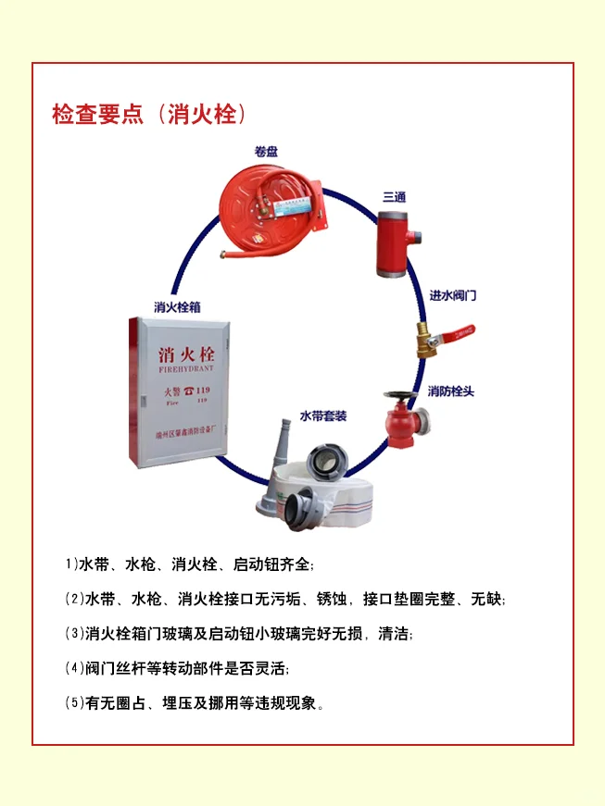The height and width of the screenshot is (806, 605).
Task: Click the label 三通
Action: (395, 197)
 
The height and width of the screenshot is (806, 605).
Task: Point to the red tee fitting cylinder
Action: (394, 243)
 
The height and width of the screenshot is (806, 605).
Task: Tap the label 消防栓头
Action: (450, 391)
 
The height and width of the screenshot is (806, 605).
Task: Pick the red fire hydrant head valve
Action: (402, 421)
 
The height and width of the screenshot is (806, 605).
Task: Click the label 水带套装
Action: (322, 415)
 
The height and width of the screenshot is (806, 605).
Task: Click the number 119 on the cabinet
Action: (202, 391)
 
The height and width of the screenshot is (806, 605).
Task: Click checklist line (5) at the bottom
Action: (195, 703)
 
